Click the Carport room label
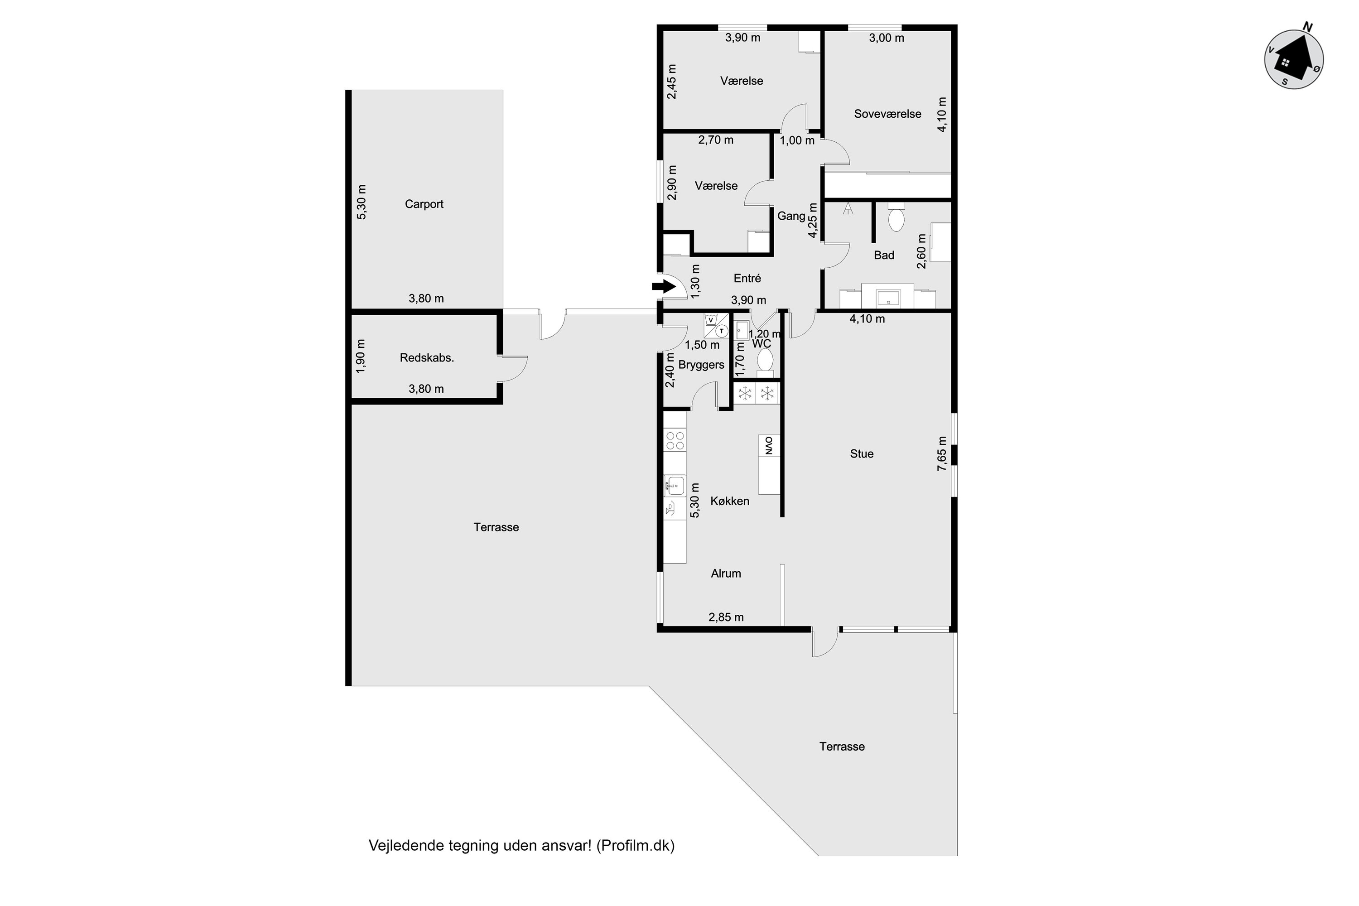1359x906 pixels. pyautogui.click(x=424, y=204)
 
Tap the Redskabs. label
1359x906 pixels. pyautogui.click(x=427, y=358)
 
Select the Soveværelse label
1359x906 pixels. pyautogui.click(x=887, y=114)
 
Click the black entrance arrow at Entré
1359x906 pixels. pyautogui.click(x=665, y=285)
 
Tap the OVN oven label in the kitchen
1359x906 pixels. pyautogui.click(x=769, y=445)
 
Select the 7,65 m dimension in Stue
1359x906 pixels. pyautogui.click(x=942, y=453)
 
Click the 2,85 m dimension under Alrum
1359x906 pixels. pyautogui.click(x=726, y=617)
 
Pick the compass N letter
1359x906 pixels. pyautogui.click(x=1307, y=27)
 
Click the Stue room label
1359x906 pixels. pyautogui.click(x=862, y=453)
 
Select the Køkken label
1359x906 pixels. pyautogui.click(x=730, y=501)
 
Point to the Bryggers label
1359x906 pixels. pyautogui.click(x=701, y=365)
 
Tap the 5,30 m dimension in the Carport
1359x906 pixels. pyautogui.click(x=361, y=202)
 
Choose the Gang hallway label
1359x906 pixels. pyautogui.click(x=791, y=216)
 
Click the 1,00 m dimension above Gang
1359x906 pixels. pyautogui.click(x=797, y=140)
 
